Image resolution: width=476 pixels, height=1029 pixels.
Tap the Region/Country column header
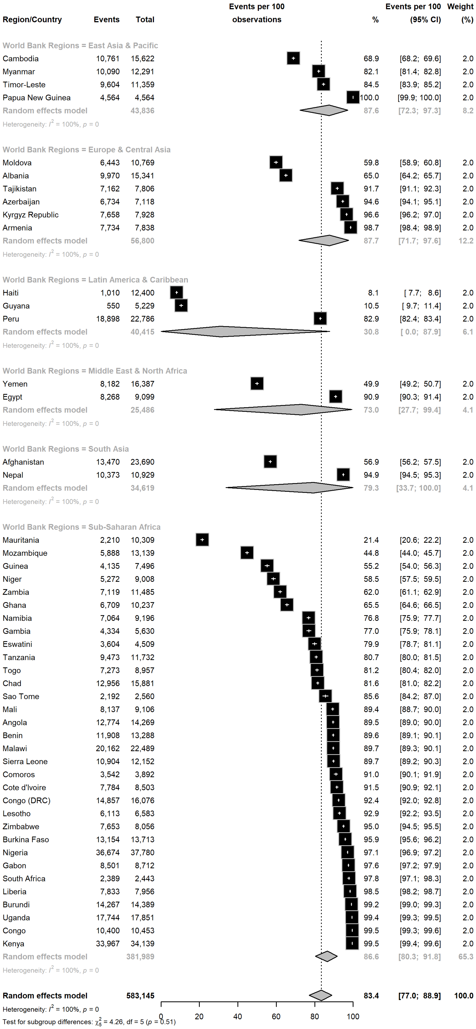pyautogui.click(x=32, y=20)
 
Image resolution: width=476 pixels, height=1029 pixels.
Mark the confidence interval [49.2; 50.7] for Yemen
pyautogui.click(x=420, y=384)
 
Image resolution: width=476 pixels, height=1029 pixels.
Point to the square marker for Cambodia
pyautogui.click(x=293, y=58)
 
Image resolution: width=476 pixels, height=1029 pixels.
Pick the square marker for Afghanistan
pyautogui.click(x=270, y=462)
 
